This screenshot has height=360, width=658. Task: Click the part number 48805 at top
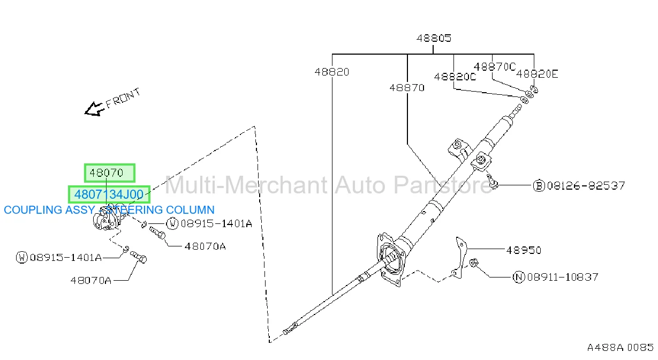tap(434, 38)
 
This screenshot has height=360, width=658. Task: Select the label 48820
tap(331, 72)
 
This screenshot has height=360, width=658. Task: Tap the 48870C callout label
tap(495, 67)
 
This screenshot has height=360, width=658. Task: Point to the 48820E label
tap(537, 74)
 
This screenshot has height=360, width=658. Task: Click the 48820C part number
tap(455, 77)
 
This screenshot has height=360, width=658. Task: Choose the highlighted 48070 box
tap(110, 173)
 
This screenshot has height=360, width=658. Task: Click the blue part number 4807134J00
tap(109, 194)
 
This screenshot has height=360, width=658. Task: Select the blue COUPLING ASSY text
tap(49, 210)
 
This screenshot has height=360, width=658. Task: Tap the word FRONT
tap(123, 98)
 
